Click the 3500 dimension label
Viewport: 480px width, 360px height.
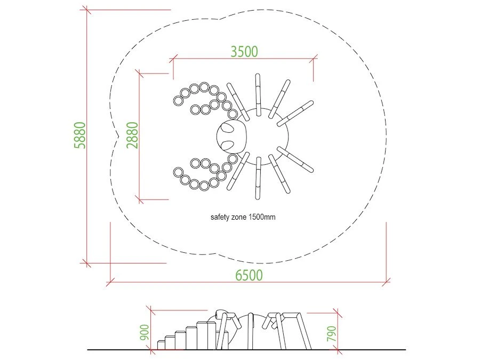(244, 51)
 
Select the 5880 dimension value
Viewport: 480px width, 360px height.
(80, 135)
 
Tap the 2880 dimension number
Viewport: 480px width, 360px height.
(133, 135)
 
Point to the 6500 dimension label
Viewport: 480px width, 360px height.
(249, 275)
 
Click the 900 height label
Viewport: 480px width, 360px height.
(144, 332)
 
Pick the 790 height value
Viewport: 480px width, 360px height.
(332, 334)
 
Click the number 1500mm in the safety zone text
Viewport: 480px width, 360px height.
(262, 217)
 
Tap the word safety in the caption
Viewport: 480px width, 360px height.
(220, 217)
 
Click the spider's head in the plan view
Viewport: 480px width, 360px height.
(231, 136)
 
